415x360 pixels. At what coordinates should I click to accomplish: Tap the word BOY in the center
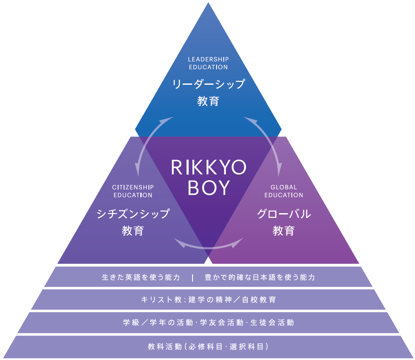click(208, 188)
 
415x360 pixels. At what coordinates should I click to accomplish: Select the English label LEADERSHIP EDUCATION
click(208, 63)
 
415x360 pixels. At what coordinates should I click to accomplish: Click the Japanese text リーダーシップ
click(208, 84)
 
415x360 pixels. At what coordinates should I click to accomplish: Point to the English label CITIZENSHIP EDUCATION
click(133, 191)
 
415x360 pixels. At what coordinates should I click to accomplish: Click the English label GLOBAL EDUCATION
click(284, 191)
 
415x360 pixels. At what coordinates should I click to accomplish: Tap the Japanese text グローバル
click(284, 213)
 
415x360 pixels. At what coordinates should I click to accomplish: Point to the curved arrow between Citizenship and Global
click(208, 244)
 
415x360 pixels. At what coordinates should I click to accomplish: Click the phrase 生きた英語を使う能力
click(141, 277)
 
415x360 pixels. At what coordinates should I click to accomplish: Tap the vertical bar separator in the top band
click(193, 277)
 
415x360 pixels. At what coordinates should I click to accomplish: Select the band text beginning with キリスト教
click(208, 300)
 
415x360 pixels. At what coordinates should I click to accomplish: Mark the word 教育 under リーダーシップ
click(208, 101)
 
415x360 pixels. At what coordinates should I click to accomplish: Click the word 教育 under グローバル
click(284, 231)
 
